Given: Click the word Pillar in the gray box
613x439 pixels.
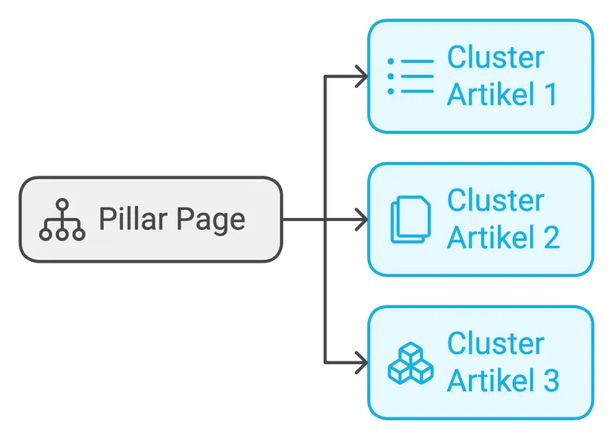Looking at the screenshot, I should [129, 219].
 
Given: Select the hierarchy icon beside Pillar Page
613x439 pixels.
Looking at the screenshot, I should [62, 219].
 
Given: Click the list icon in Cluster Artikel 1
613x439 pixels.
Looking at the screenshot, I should [410, 77].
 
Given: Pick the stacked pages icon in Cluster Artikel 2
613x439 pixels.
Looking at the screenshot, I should [410, 219].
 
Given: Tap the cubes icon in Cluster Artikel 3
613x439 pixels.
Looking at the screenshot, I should [410, 363].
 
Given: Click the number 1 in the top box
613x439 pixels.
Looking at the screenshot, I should [548, 94].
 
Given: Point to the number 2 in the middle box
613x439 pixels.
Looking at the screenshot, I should [549, 237].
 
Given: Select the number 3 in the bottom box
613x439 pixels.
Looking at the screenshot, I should [549, 380].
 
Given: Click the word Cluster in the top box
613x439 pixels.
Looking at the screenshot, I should [495, 58].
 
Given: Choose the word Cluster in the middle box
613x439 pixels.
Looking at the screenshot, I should [495, 201].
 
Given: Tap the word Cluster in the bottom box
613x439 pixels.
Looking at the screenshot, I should [495, 344].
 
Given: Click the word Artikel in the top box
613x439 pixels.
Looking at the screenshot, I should [487, 94].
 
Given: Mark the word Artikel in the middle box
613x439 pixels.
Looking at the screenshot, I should [487, 237].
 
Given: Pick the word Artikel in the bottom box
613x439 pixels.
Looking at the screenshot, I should [487, 380].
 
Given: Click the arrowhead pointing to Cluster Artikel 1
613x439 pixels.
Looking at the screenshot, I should [362, 77].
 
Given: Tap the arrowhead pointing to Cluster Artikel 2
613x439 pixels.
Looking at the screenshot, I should [362, 219].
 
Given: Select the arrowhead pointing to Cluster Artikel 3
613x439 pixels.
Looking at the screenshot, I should [362, 362].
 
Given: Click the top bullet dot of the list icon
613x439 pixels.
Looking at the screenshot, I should [390, 61].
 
